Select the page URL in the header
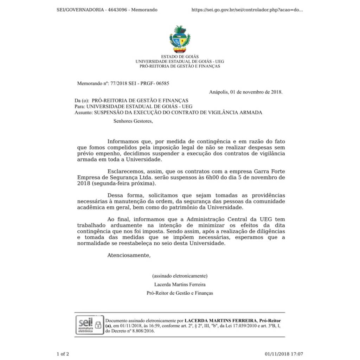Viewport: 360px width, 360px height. pos(247,10)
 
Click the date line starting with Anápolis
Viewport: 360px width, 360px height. pos(245,92)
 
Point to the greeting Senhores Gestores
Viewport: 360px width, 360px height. pos(133,121)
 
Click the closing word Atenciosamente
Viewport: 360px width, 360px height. pos(129,255)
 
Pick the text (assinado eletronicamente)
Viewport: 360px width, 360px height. pos(180,276)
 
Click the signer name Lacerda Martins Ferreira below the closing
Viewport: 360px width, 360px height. pos(180,284)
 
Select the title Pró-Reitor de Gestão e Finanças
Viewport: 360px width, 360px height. pos(180,293)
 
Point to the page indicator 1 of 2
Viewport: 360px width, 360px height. pos(63,354)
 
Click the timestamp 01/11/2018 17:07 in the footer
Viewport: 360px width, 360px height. pos(284,354)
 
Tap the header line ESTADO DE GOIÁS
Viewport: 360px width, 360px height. pos(180,57)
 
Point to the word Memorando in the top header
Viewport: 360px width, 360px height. pos(144,10)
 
